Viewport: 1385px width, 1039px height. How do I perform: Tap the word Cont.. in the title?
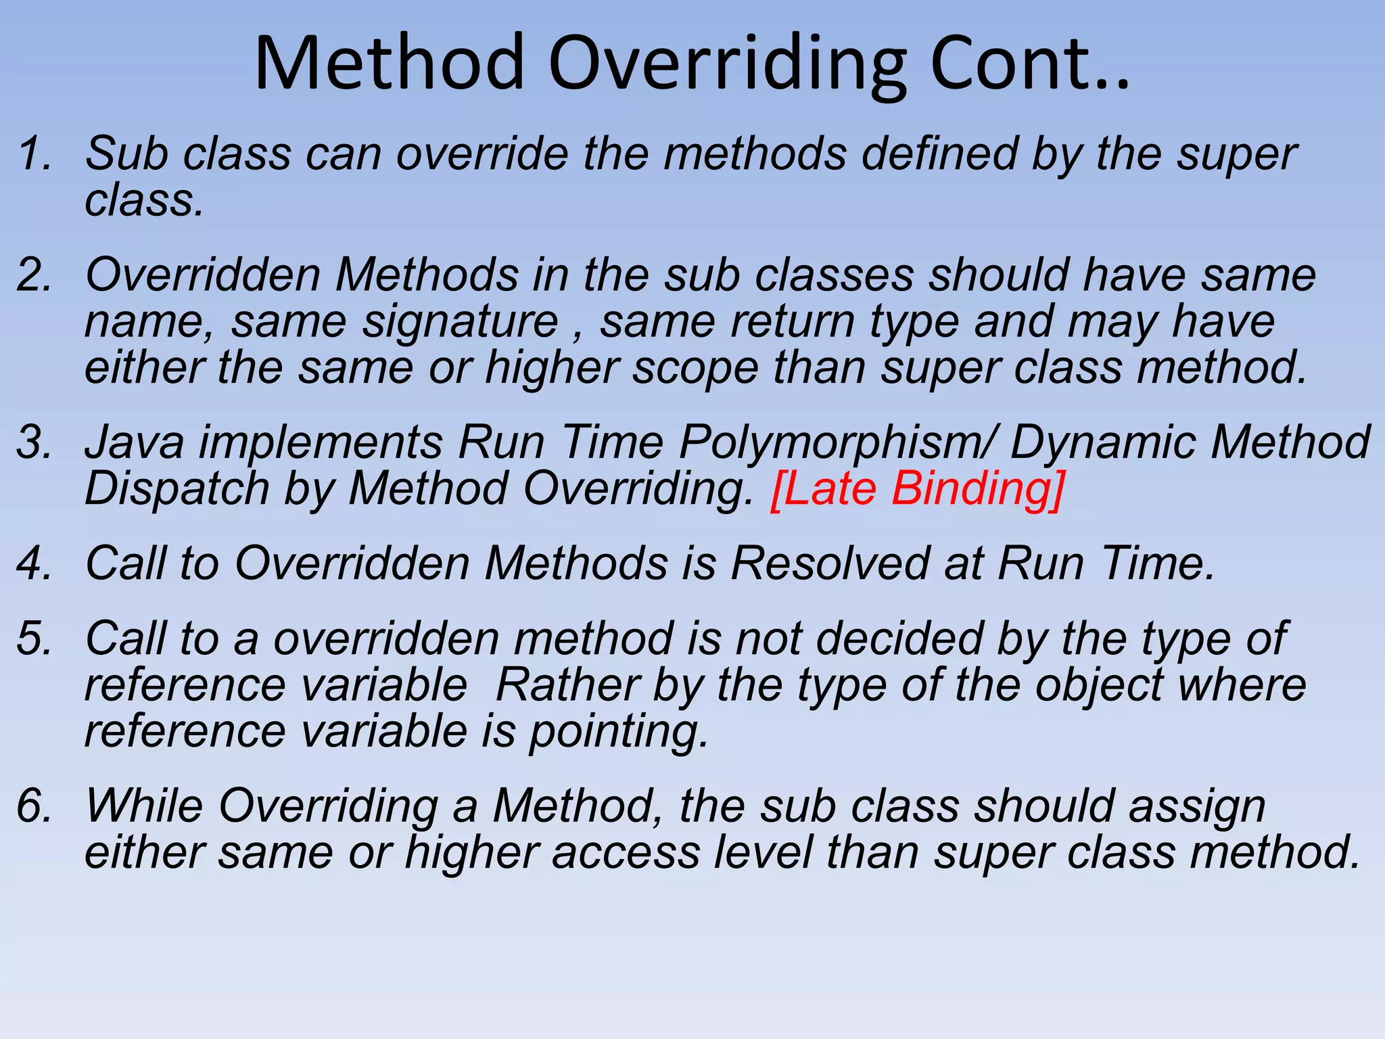(x=1029, y=64)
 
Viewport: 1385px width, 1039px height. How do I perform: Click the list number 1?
(x=34, y=154)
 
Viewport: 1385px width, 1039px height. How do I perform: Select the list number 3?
(x=34, y=442)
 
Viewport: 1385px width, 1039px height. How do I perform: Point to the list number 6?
(x=34, y=806)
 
